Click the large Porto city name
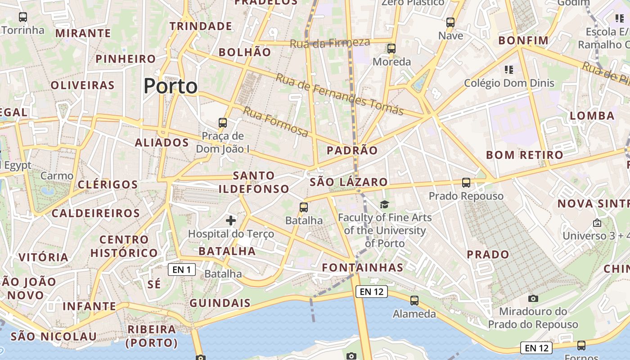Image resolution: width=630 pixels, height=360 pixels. tap(171, 86)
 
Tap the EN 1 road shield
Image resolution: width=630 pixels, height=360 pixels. tap(181, 270)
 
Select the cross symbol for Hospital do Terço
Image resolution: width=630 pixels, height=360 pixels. tap(231, 220)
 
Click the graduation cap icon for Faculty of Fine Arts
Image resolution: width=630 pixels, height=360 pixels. tap(384, 205)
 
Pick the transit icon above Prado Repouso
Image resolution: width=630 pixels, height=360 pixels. tap(466, 183)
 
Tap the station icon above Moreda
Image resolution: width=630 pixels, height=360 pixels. tap(391, 49)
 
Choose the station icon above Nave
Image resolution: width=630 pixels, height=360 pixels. tap(450, 22)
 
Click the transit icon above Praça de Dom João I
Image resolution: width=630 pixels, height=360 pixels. tap(223, 123)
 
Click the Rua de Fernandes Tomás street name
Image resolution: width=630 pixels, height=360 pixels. tap(339, 94)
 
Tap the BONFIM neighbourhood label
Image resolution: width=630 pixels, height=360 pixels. tap(523, 41)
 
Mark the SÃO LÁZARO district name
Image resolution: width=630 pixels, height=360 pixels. tap(349, 182)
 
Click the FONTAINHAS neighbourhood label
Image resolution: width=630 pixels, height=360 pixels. tap(363, 268)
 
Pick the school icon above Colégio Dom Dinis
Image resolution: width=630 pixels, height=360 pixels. tap(509, 70)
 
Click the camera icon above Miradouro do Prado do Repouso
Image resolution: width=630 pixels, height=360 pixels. tap(533, 298)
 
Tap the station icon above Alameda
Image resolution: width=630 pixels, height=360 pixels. tap(414, 301)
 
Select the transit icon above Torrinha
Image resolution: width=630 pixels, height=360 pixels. tap(23, 18)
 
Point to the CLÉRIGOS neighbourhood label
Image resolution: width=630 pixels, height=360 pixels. tap(108, 184)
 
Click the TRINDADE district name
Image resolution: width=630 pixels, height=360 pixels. tap(201, 26)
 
